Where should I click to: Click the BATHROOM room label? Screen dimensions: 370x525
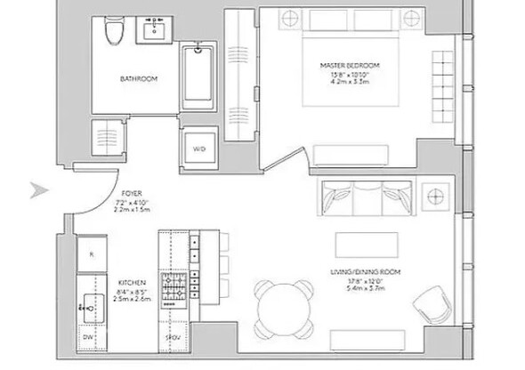click(x=139, y=79)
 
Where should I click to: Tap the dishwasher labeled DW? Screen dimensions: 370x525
click(x=89, y=338)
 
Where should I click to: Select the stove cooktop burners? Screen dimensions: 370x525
click(x=172, y=286)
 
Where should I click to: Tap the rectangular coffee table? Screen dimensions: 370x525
click(x=361, y=244)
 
